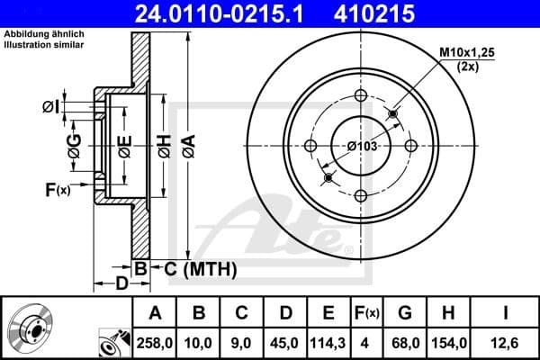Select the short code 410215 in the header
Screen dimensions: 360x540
pyautogui.click(x=401, y=13)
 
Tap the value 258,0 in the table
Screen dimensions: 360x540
pyautogui.click(x=154, y=343)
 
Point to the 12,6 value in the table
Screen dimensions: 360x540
pyautogui.click(x=507, y=343)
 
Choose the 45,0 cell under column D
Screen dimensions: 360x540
pyautogui.click(x=285, y=343)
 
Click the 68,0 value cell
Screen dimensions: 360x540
pyautogui.click(x=406, y=343)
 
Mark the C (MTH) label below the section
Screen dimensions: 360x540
pyautogui.click(x=200, y=269)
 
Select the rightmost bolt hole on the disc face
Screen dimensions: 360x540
pyautogui.click(x=410, y=146)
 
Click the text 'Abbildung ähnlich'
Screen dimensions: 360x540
pyautogui.click(x=42, y=33)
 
